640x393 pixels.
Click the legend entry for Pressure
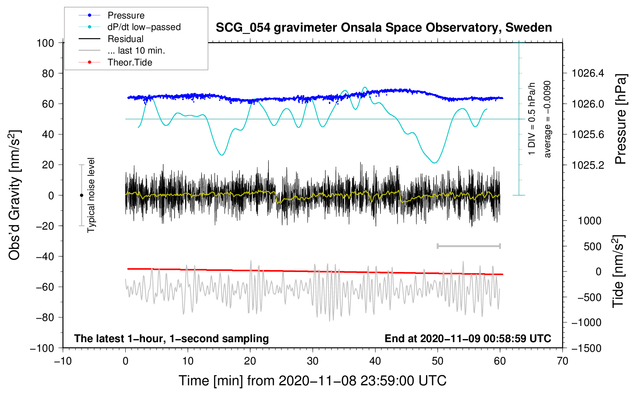pos(126,15)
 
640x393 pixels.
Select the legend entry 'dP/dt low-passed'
pos(144,27)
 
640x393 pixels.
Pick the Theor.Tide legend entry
pos(130,62)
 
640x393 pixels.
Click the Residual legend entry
pos(125,39)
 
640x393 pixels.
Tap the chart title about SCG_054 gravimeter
pos(384,28)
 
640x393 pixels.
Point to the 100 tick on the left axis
pos(45,43)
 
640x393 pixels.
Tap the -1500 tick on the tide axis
pos(586,348)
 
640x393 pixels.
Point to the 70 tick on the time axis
pos(563,361)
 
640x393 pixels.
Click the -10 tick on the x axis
pos(63,361)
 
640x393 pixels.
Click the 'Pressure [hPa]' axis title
pos(621,119)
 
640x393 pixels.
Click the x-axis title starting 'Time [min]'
pos(312,381)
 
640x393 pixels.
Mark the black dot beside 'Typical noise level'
pos(81,195)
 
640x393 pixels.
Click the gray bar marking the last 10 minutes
pos(468,246)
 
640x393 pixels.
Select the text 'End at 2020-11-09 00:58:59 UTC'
pos(468,339)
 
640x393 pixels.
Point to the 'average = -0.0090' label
pos(547,119)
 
